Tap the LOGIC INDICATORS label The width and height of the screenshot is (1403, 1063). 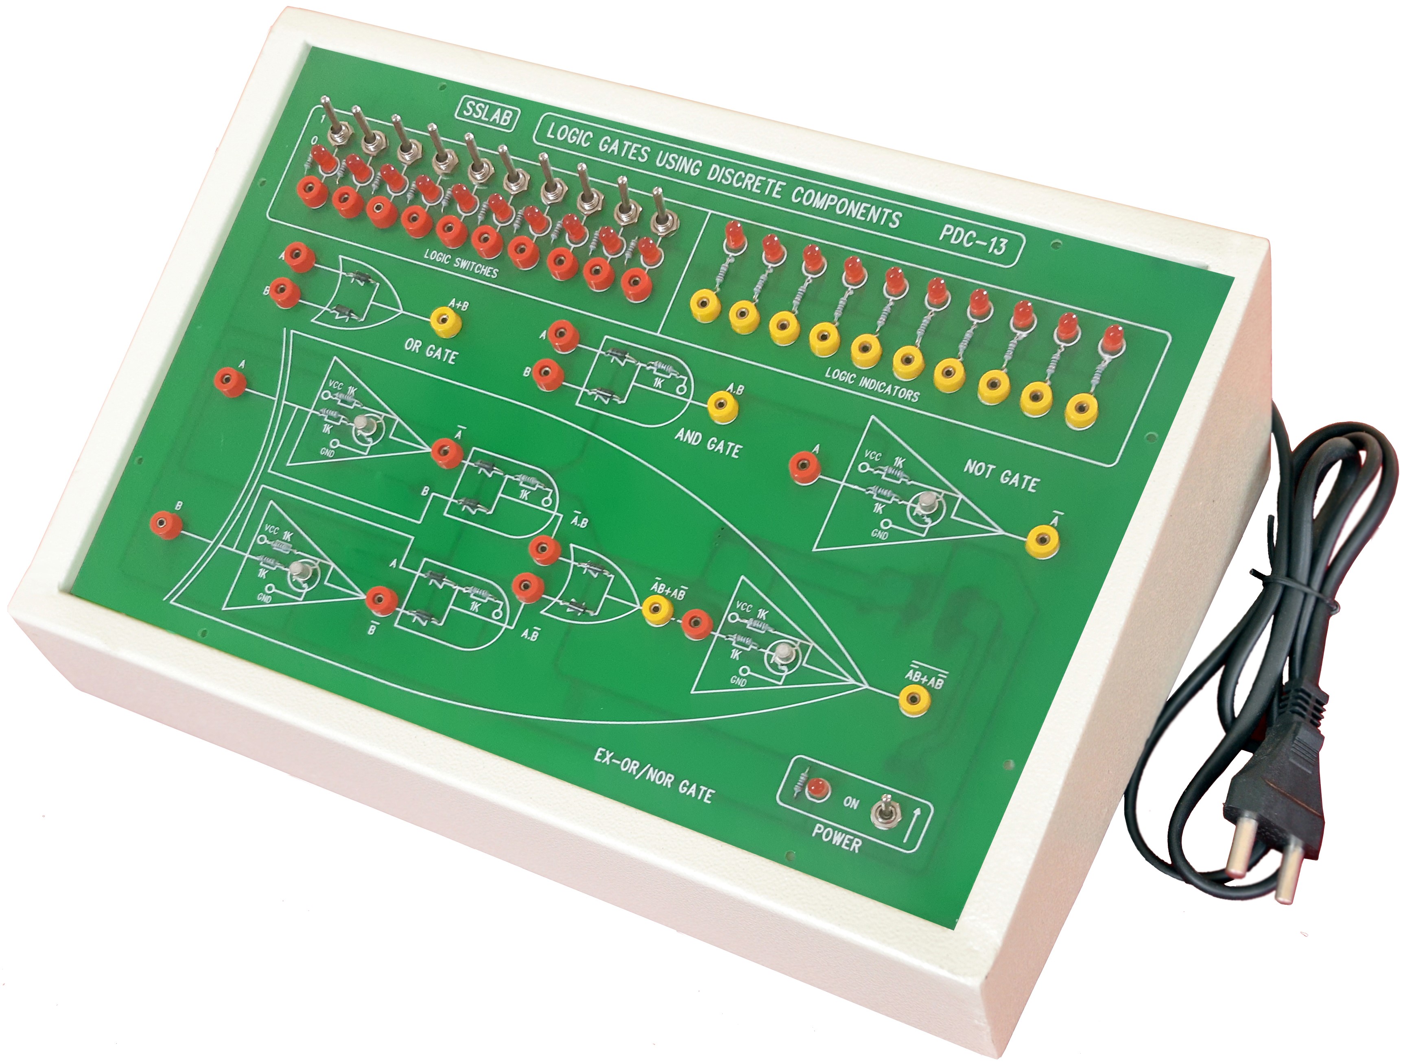(x=872, y=383)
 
